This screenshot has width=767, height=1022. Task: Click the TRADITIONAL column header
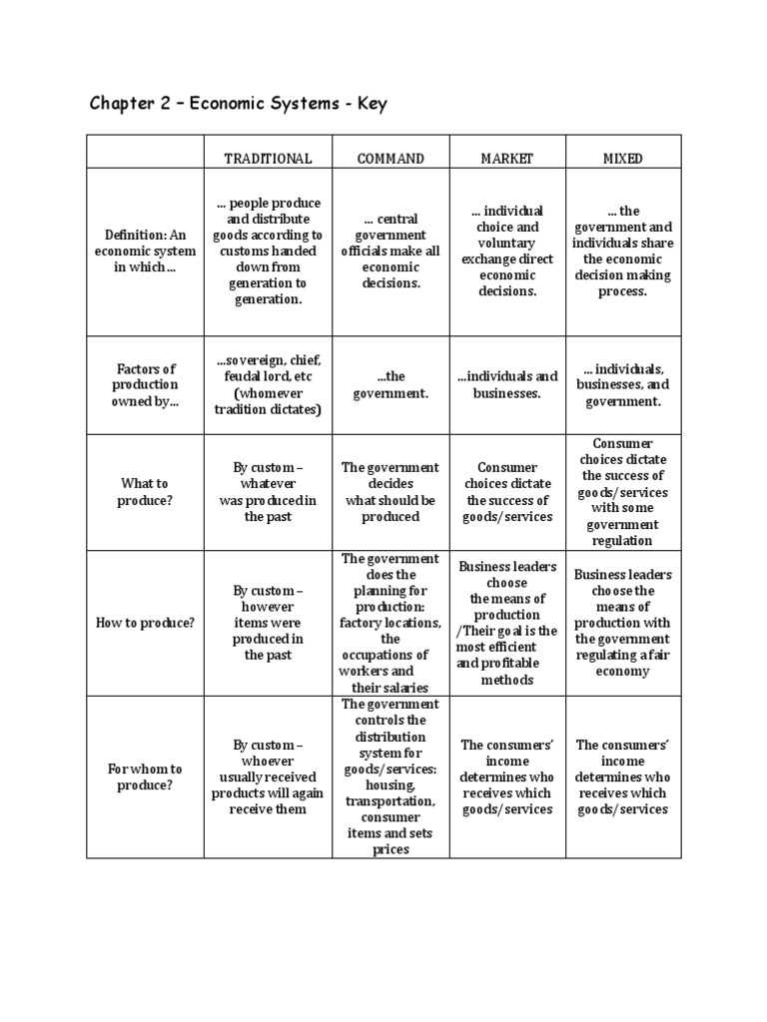[x=268, y=159]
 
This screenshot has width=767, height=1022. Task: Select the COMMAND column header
[x=390, y=159]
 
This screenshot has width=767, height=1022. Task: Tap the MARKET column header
[x=507, y=159]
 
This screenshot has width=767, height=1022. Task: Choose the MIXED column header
[x=623, y=159]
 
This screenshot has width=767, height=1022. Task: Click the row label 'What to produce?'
[x=145, y=492]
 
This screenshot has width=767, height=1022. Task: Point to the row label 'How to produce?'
[x=145, y=623]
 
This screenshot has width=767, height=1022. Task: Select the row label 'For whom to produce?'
[x=145, y=777]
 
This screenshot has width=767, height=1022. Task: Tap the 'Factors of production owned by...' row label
[x=145, y=385]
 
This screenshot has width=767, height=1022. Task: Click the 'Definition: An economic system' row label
[x=145, y=252]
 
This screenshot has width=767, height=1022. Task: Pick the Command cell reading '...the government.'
[x=390, y=385]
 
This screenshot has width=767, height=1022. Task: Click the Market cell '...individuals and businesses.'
[x=507, y=385]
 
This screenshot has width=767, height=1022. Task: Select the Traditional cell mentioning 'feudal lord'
[x=268, y=385]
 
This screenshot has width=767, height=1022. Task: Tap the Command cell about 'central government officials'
[x=390, y=252]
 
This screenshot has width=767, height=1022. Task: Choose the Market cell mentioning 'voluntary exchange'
[x=507, y=252]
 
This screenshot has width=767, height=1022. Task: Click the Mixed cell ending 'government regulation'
[x=623, y=492]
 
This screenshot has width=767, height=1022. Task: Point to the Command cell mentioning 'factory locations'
[x=390, y=623]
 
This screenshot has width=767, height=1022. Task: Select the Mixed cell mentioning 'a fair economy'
[x=623, y=623]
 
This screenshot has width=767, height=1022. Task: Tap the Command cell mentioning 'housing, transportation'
[x=390, y=777]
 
